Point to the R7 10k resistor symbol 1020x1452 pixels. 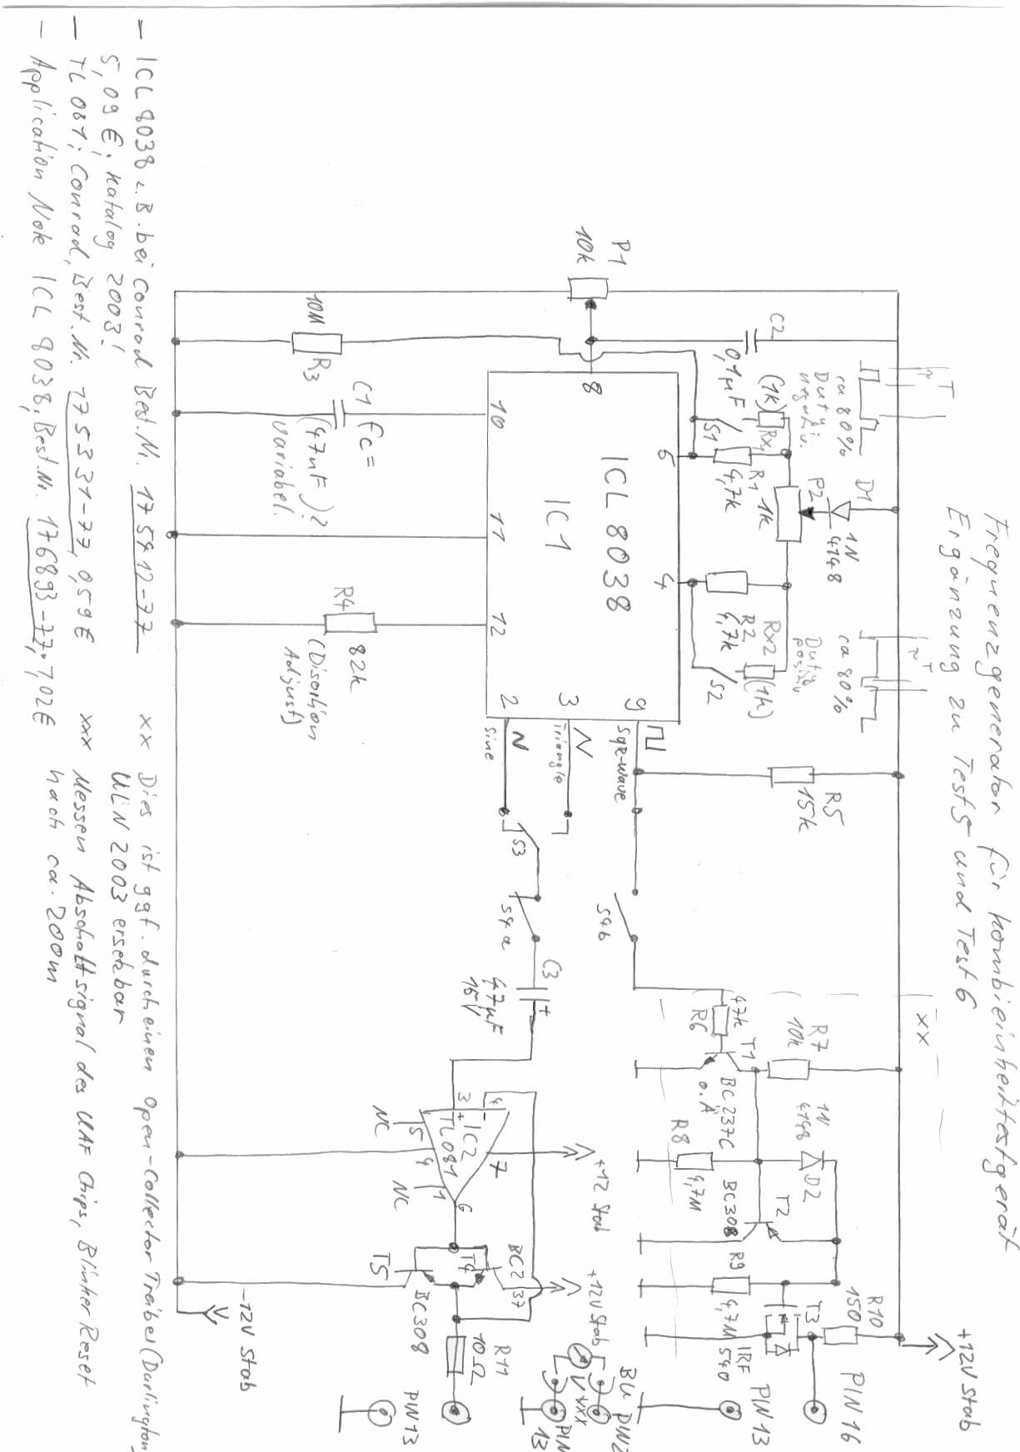pos(789,1068)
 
